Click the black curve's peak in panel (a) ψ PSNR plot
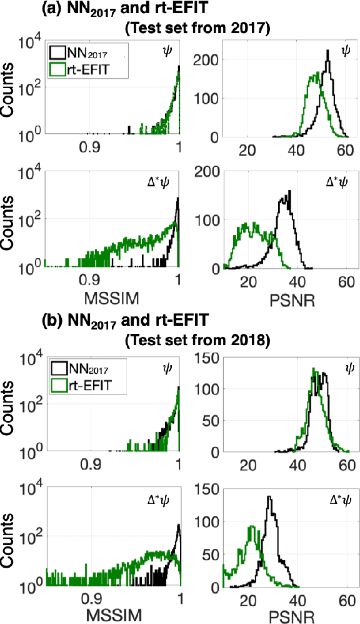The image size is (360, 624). pos(327,53)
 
